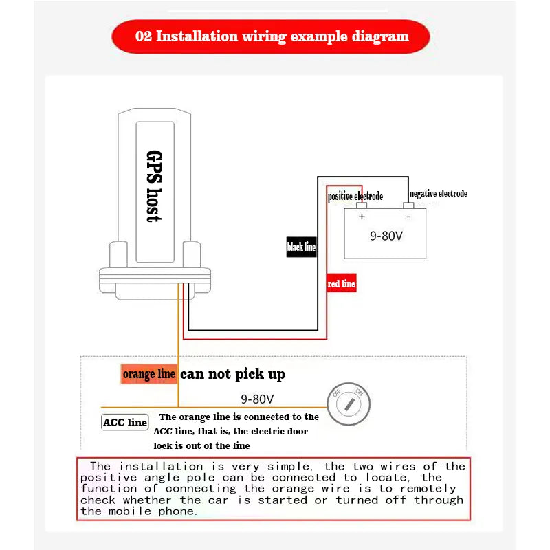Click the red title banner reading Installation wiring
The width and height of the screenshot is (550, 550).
[x=271, y=36]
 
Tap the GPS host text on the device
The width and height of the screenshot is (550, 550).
[x=154, y=186]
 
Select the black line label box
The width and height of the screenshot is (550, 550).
[x=301, y=247]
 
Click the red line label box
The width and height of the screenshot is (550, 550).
[x=342, y=283]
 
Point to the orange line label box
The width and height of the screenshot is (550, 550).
[x=148, y=374]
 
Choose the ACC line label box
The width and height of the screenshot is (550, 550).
[x=125, y=422]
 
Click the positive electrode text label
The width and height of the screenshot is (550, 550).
[x=355, y=196]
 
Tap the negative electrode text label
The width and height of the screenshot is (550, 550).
[x=439, y=194]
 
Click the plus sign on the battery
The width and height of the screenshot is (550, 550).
[x=362, y=217]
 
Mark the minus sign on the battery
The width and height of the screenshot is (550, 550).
[x=408, y=217]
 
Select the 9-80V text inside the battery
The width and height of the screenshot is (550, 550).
[x=386, y=236]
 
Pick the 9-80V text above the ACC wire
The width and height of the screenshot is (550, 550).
[x=257, y=399]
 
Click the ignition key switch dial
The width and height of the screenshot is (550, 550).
[x=349, y=404]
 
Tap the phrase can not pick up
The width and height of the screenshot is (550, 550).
[x=232, y=374]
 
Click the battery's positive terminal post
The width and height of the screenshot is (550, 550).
[x=362, y=206]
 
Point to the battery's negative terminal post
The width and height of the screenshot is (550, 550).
[x=408, y=206]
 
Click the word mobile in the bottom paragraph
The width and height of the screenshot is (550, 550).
[x=130, y=511]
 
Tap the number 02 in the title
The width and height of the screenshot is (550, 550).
[x=144, y=36]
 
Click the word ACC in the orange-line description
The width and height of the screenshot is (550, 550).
[x=162, y=432]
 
